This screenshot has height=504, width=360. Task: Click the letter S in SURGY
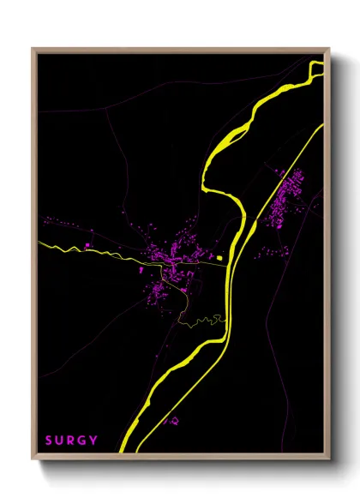[49, 441]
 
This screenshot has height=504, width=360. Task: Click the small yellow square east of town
[219, 256]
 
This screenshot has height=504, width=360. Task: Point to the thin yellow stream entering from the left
[64, 247]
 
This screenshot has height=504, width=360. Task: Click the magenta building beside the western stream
[88, 245]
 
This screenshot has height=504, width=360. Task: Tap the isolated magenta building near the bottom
[175, 421]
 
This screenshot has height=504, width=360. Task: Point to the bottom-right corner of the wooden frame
[327, 459]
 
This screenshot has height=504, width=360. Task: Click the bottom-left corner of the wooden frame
[33, 459]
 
